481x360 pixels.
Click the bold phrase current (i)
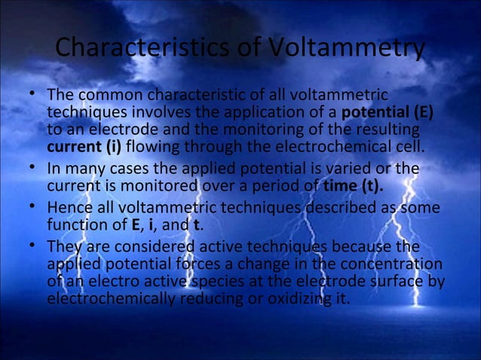[x=78, y=145]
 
